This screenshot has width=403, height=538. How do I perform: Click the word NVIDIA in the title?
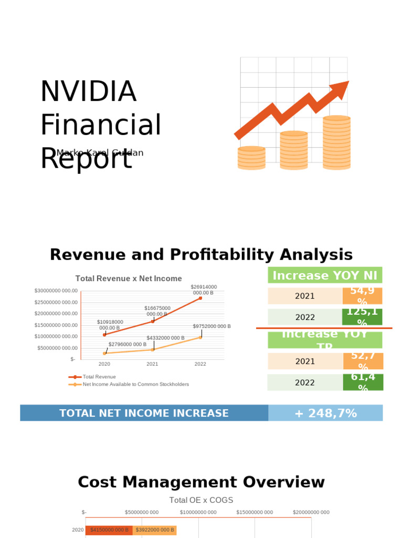point(88,91)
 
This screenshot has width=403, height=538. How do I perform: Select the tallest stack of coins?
point(336,142)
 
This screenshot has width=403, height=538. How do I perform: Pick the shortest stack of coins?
point(251,158)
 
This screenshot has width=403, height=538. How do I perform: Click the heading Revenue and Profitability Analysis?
point(201,255)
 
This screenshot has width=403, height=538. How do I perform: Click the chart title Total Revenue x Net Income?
point(129,278)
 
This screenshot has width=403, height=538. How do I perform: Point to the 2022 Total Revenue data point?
point(200,298)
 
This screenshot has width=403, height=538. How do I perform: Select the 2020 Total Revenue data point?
point(104,335)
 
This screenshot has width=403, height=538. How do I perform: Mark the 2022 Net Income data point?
point(200,337)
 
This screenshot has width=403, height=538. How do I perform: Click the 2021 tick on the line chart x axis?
point(152,364)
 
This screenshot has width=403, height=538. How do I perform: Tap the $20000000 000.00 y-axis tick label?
point(56,314)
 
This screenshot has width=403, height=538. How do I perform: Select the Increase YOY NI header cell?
point(325,275)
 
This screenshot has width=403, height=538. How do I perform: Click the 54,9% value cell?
point(362,296)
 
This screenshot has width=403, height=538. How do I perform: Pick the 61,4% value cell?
point(363,382)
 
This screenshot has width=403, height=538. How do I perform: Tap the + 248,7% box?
point(325,413)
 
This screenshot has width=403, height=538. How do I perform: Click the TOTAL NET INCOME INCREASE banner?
point(144,413)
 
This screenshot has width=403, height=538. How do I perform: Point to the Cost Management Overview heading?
point(201,482)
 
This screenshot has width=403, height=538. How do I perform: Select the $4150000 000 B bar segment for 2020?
point(109,530)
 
